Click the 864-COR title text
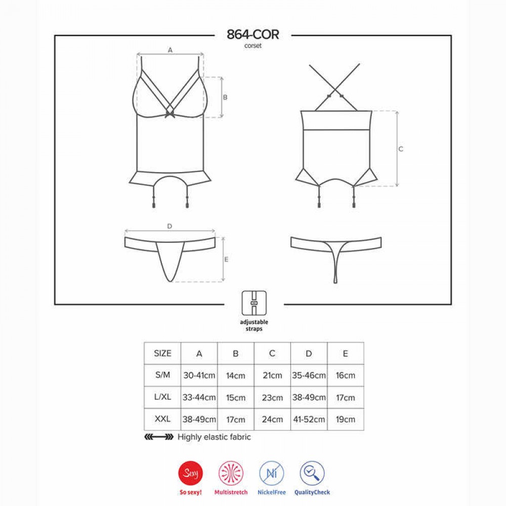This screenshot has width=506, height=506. coord(252,34)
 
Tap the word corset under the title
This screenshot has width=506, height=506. coord(252,46)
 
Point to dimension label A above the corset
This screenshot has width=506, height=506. coord(170,50)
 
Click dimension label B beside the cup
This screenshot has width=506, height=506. coord(225,97)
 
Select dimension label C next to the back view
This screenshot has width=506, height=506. coord(401,149)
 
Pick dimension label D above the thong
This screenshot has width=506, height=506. coord(170,226)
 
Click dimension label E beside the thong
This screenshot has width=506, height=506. coord(226,260)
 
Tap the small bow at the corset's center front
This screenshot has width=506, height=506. coord(170,113)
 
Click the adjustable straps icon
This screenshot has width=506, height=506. coord(254,303)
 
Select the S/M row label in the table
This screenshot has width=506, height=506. coord(162,375)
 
